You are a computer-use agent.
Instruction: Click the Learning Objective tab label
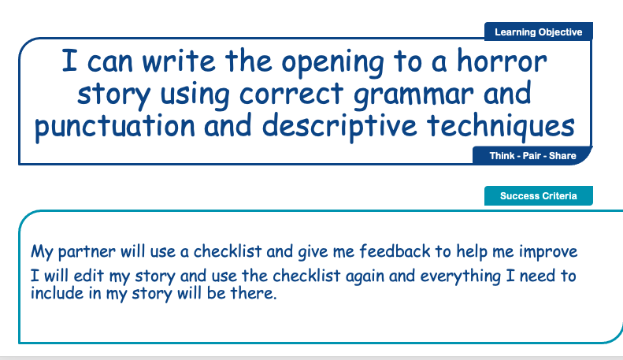(538, 32)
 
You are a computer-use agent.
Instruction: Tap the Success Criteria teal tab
(538, 196)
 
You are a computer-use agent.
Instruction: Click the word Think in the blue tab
(502, 156)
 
